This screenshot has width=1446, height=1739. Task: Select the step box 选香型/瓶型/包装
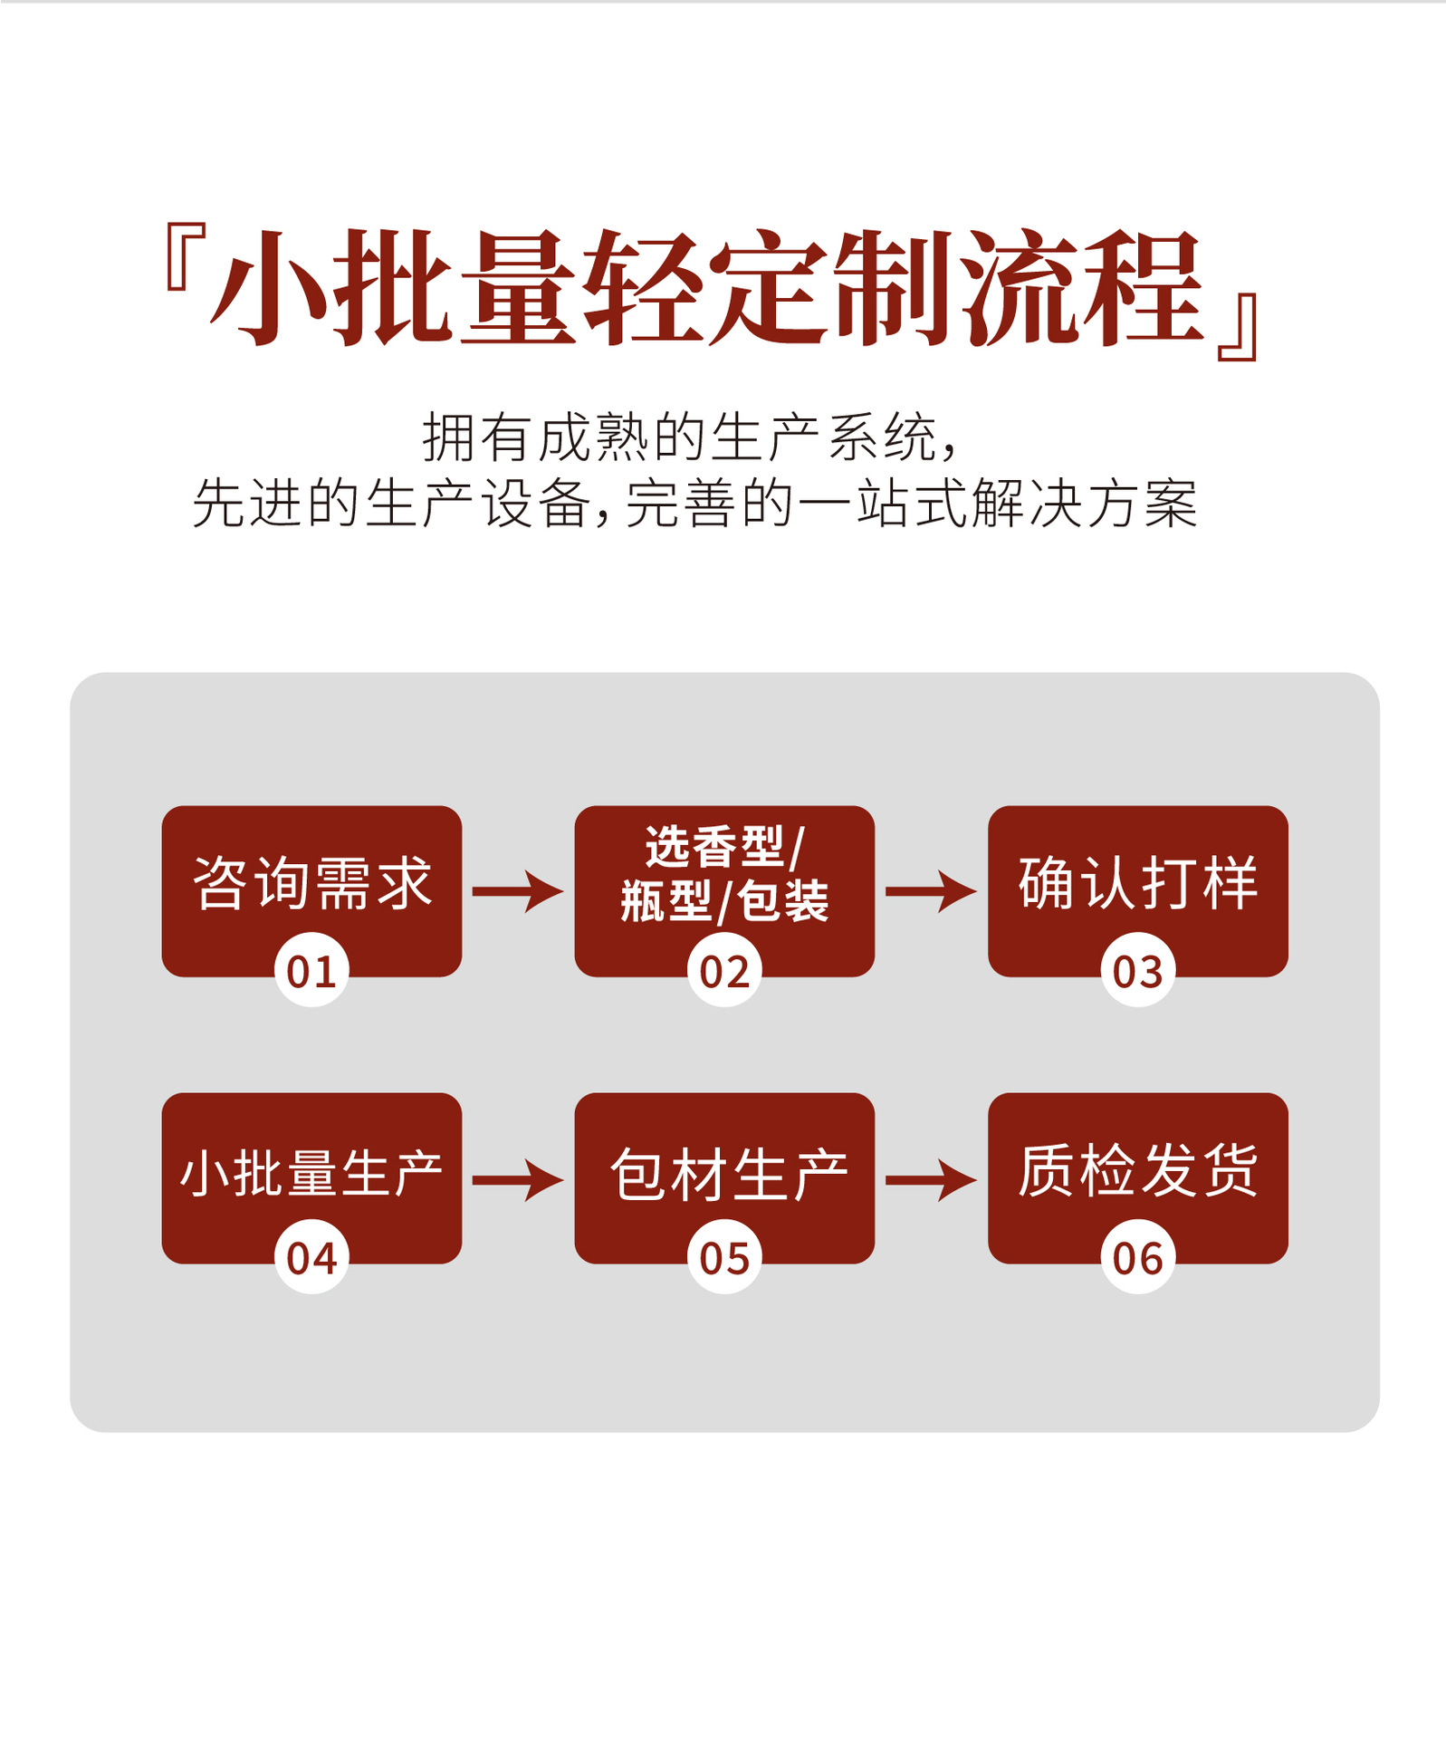coord(724,875)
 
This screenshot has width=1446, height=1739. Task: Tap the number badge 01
coord(311,971)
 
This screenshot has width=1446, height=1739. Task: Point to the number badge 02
coord(724,971)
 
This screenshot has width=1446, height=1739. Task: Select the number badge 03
coord(1137,971)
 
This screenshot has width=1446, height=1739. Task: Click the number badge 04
coord(311,1257)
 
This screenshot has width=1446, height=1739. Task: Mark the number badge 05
coord(724,1257)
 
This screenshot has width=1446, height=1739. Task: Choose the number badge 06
coord(1137,1257)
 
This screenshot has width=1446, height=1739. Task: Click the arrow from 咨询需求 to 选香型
coord(518,891)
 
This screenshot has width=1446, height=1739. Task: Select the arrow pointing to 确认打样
coord(931,891)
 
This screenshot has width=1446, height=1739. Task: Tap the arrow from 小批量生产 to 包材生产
coord(518,1179)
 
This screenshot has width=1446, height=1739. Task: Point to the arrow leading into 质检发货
coord(931,1179)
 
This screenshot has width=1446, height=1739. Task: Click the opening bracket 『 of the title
coord(184,257)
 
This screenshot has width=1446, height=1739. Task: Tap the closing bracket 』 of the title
coord(1239,326)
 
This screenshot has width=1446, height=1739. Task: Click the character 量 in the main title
coord(518,288)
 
